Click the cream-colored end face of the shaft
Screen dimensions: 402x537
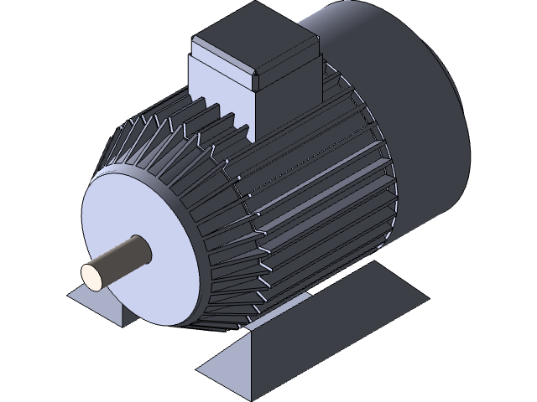92,276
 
